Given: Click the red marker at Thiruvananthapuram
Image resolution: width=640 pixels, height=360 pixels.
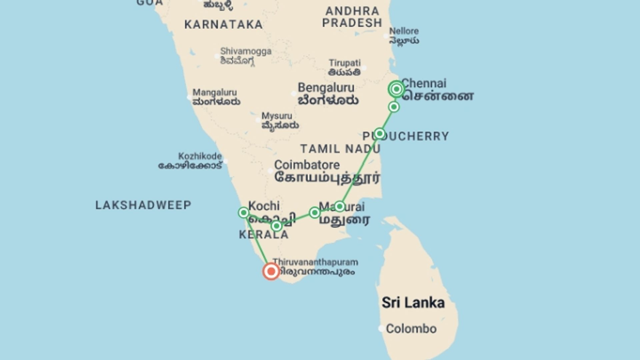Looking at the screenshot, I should click(x=271, y=271).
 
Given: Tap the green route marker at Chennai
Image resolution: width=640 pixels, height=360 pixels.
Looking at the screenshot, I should click(x=396, y=89).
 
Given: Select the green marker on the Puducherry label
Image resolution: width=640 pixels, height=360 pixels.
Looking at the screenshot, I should click(x=379, y=134).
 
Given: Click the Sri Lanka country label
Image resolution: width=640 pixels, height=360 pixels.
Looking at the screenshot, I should click(x=413, y=303).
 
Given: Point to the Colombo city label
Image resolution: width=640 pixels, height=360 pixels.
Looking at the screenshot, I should click(x=411, y=329).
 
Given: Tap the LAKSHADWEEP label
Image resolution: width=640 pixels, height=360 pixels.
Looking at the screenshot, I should click(x=143, y=205).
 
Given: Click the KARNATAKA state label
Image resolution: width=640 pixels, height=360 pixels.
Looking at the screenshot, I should click(x=223, y=25).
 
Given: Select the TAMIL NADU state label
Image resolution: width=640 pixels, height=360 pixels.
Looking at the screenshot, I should click(x=340, y=149).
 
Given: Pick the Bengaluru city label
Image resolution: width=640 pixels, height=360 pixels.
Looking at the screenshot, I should click(x=326, y=88).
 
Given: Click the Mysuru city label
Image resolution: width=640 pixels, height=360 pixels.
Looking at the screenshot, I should click(x=277, y=116).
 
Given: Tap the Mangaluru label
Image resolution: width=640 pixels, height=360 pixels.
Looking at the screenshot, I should click(x=215, y=92).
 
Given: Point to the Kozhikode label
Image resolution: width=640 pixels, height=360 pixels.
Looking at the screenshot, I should click(x=200, y=156).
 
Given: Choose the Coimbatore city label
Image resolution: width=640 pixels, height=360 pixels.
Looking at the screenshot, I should click(x=307, y=165).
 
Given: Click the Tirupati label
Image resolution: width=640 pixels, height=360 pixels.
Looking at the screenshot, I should click(x=345, y=63).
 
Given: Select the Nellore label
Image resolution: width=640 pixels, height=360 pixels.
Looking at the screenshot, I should click(x=404, y=31).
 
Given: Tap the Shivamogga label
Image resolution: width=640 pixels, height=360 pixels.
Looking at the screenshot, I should click(x=246, y=51).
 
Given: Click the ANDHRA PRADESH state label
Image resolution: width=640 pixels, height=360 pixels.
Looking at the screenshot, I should click(x=352, y=17).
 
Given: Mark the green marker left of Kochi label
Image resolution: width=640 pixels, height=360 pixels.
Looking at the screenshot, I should click(x=243, y=213).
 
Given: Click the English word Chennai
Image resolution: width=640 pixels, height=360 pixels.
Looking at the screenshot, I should click(x=424, y=83).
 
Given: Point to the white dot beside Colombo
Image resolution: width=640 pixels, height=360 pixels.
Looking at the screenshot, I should click(x=381, y=328).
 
